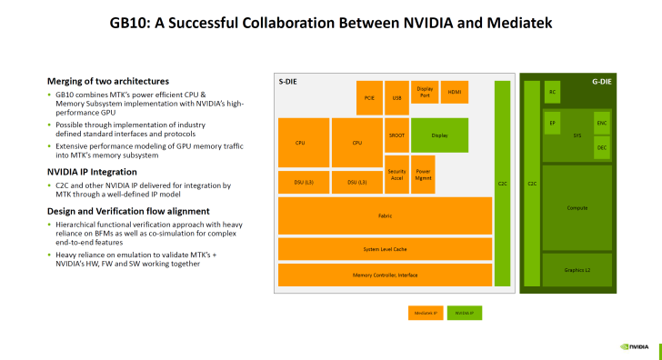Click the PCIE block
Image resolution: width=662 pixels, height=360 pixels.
tap(369, 97)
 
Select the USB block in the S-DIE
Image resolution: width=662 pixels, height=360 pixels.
tap(396, 97)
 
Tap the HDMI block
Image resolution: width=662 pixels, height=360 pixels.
tap(454, 91)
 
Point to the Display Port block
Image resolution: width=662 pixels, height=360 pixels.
tap(425, 91)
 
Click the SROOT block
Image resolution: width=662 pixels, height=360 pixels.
tap(396, 135)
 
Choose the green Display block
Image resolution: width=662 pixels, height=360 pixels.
tap(439, 135)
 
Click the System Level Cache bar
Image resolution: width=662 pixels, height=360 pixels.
tap(384, 249)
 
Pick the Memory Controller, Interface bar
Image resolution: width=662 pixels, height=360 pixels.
tap(384, 274)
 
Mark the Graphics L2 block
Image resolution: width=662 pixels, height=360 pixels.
tap(577, 269)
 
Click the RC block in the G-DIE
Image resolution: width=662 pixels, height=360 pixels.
tap(552, 92)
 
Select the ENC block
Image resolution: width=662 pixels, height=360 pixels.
tap(601, 123)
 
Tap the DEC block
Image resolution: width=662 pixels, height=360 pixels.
tap(601, 146)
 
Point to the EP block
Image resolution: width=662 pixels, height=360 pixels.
tap(552, 123)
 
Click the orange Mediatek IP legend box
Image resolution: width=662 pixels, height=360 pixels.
tap(426, 313)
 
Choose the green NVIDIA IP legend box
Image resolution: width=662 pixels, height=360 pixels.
tap(465, 313)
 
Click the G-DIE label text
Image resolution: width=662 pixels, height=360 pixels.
tap(600, 82)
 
